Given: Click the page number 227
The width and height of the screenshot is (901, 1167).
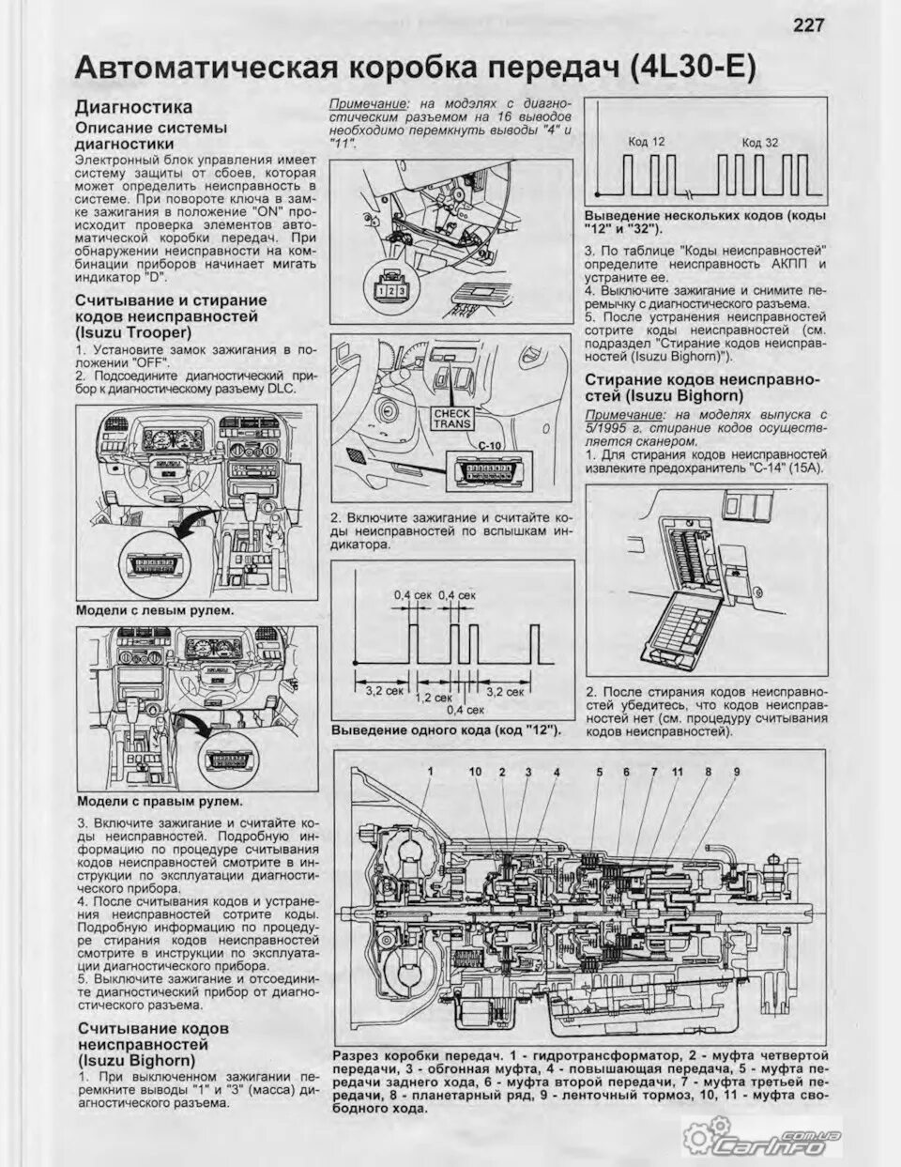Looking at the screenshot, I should point(808,24).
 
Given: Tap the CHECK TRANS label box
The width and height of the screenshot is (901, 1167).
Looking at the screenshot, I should point(452,419).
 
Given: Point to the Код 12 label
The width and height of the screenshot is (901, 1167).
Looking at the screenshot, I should point(646,141).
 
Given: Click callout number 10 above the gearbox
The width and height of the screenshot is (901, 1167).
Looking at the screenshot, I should point(475,772).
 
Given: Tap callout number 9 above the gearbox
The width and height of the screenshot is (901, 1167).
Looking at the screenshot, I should point(737,772).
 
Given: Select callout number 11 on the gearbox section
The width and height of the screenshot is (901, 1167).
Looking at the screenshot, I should point(677,772).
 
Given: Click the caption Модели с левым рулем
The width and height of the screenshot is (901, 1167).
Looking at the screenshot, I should point(155,610).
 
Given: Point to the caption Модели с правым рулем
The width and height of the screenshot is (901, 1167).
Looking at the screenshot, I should point(159,802).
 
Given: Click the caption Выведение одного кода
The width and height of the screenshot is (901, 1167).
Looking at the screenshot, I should point(446,729).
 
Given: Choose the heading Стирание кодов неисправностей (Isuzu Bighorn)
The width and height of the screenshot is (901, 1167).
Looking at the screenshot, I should point(702,387).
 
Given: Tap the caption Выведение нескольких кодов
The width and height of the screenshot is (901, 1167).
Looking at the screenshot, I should point(705,223).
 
